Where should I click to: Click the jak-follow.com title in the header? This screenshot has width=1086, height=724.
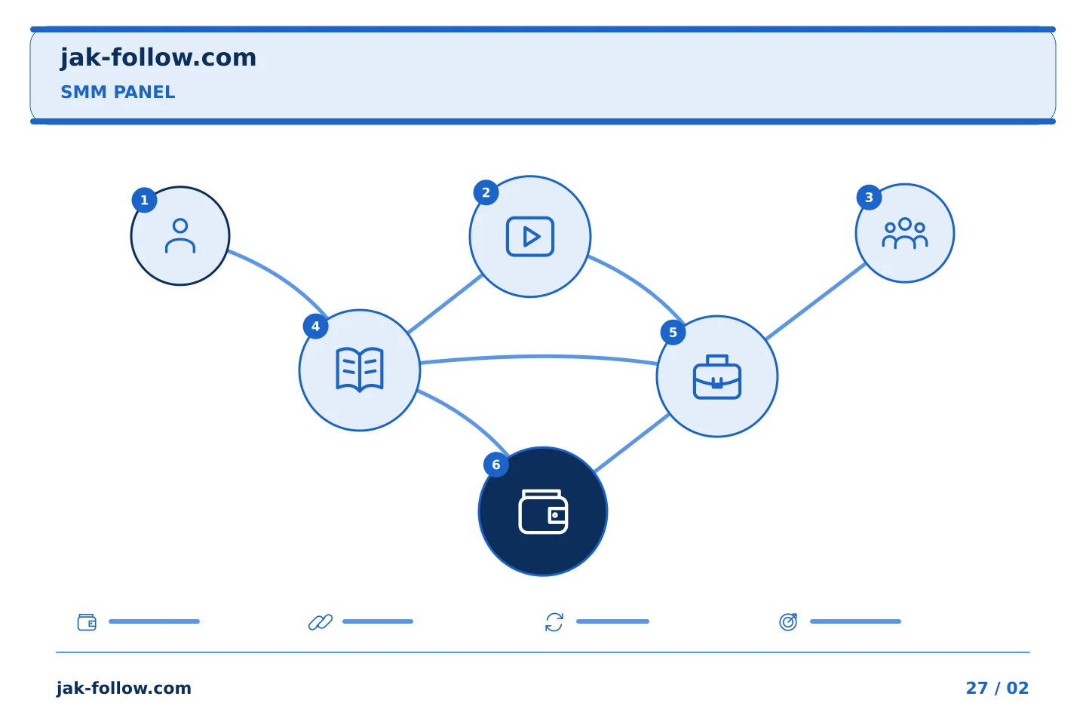coord(158,58)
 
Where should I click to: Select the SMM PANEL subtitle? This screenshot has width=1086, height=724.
coord(118,92)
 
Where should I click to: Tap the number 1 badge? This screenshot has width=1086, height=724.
coord(144,200)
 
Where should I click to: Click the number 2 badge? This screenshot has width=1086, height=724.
coord(486,192)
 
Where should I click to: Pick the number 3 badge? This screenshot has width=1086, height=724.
coord(869,198)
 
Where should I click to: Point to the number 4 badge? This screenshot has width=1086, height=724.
coord(315,326)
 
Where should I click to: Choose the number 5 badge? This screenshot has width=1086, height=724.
coord(673,332)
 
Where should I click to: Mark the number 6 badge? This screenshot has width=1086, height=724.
coord(496,465)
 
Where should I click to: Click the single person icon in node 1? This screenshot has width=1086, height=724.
coord(179,236)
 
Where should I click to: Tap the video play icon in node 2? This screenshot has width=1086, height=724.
coord(530,237)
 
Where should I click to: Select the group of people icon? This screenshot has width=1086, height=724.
coord(905,233)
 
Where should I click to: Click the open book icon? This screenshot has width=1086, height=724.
coord(360,370)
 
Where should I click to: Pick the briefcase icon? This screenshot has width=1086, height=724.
coord(717,377)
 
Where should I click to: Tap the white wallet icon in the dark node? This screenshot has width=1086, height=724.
coord(543,511)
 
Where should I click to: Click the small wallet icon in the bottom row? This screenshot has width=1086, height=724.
coord(87,621)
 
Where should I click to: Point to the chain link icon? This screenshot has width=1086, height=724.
coord(321,621)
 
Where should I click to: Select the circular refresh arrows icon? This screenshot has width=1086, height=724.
coord(554,621)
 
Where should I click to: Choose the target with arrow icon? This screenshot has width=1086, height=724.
coord(788,621)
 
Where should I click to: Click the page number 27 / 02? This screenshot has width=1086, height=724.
coord(997,688)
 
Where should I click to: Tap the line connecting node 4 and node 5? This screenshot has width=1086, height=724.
coord(538,357)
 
